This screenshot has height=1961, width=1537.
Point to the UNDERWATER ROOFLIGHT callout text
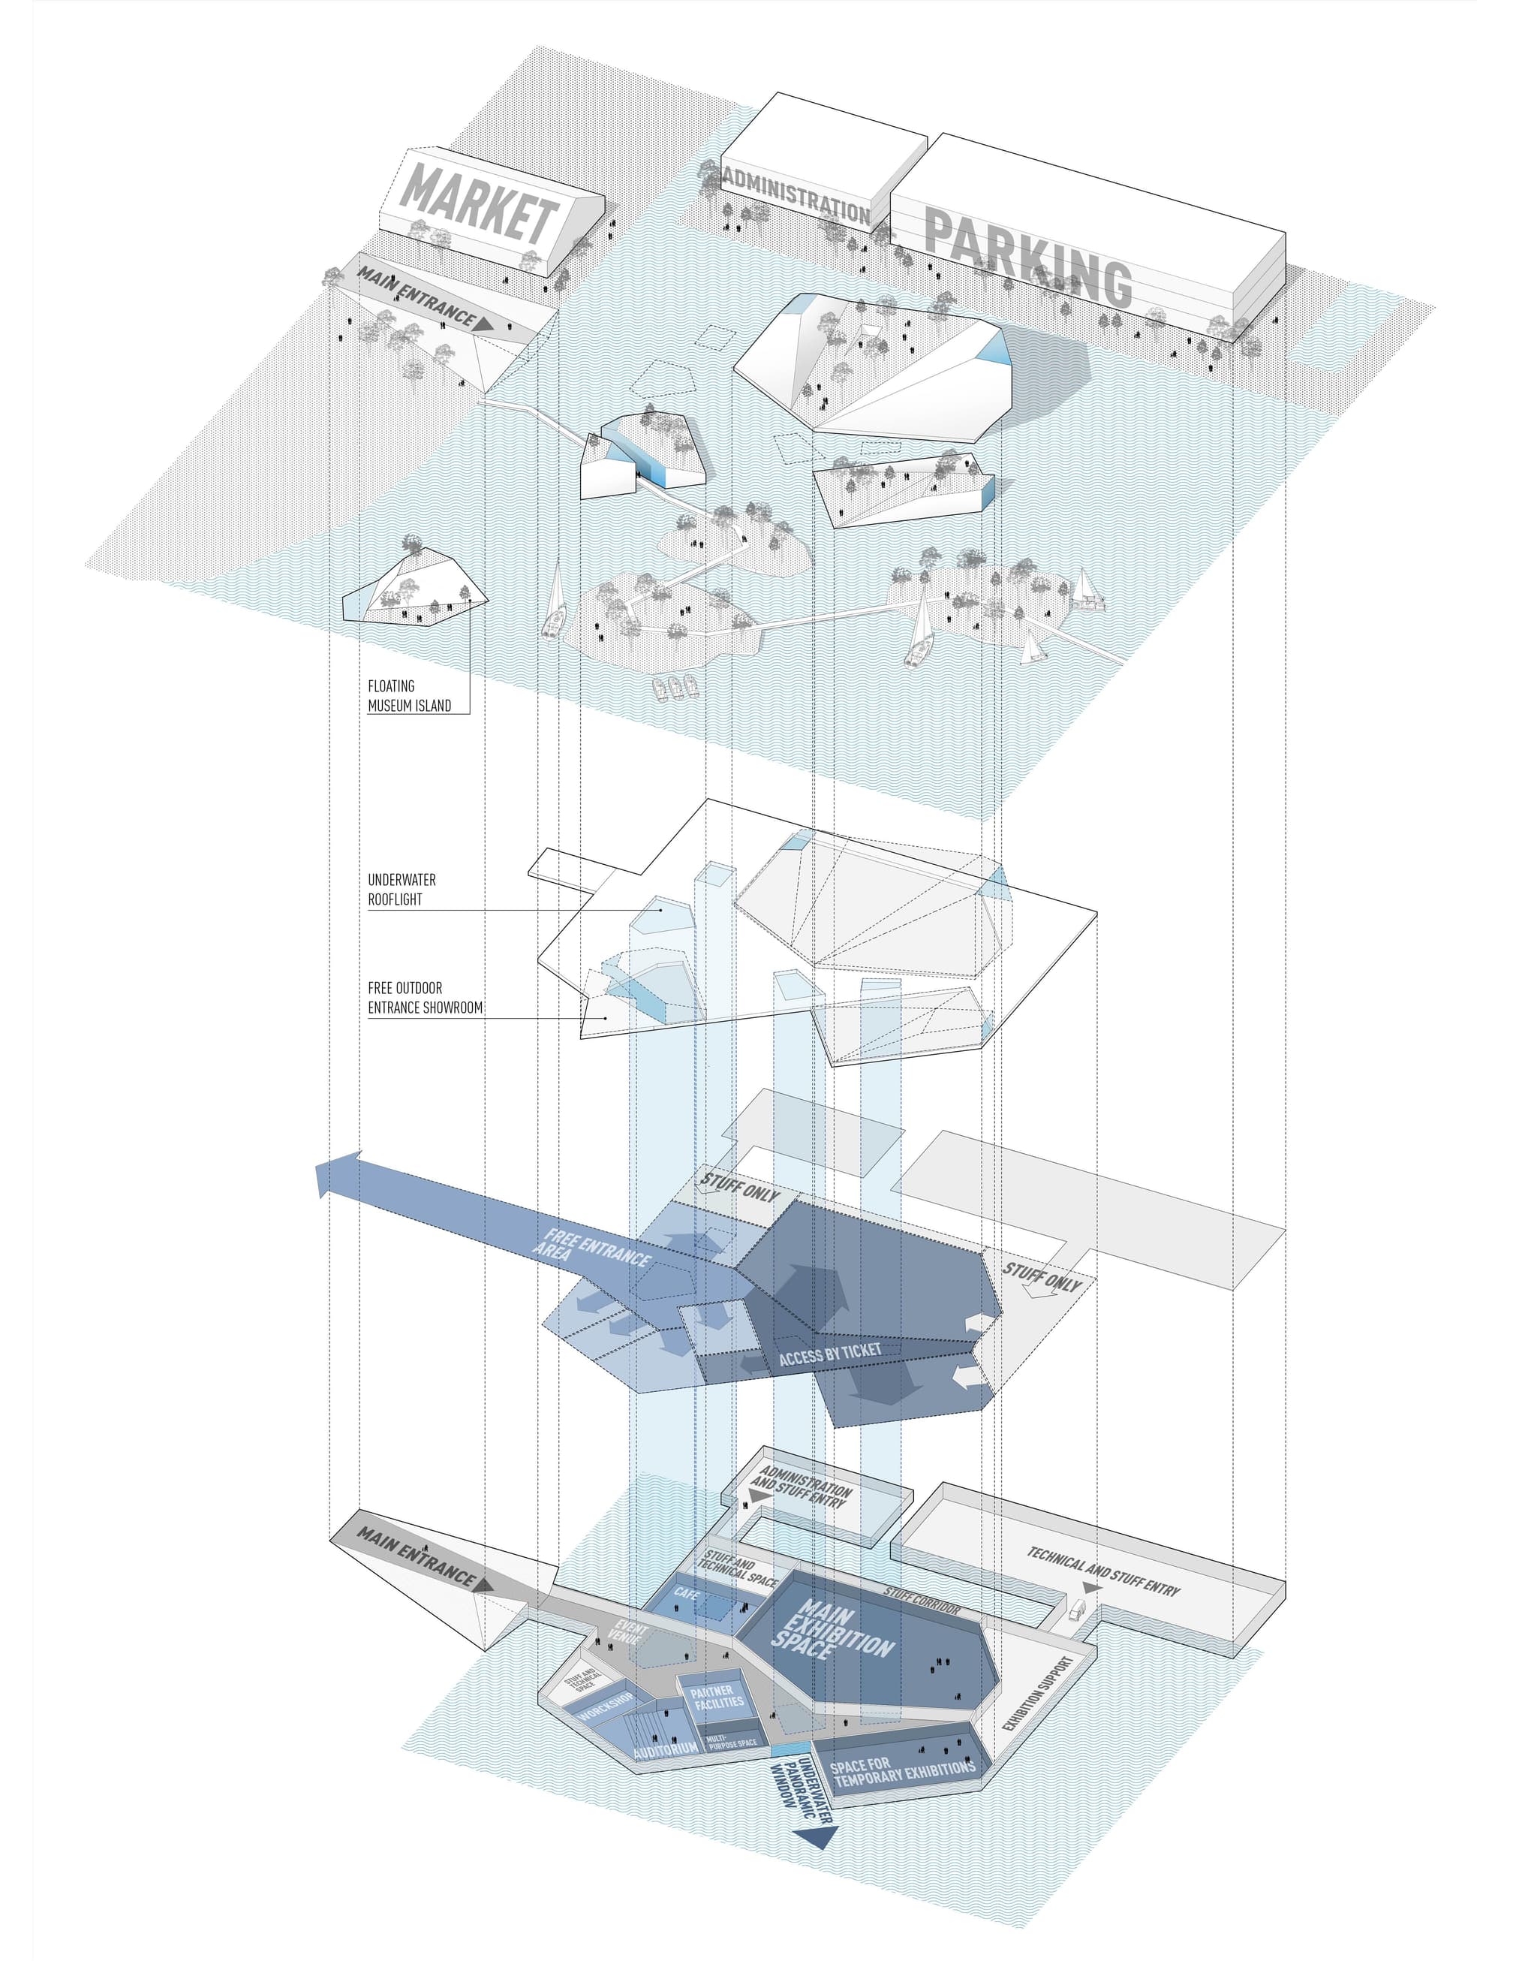click(402, 889)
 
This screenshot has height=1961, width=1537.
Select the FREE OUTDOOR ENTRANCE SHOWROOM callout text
click(425, 998)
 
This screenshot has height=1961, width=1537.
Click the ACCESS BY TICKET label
click(830, 1354)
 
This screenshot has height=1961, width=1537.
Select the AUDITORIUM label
click(665, 1749)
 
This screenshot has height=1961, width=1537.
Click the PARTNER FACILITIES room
click(716, 1697)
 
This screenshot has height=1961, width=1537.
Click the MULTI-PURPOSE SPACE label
click(732, 1742)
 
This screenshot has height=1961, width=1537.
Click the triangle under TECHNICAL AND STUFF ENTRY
click(1091, 1590)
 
